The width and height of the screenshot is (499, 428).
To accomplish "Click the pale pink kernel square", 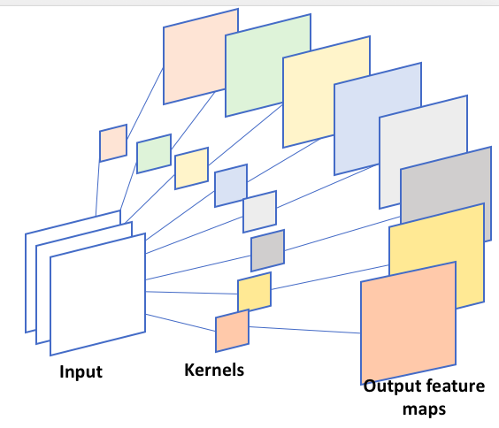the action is click(113, 143).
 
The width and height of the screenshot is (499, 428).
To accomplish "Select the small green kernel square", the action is click(154, 154).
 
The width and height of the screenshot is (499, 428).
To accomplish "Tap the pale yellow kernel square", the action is click(192, 168).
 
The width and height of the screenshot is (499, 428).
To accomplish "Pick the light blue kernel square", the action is click(231, 186).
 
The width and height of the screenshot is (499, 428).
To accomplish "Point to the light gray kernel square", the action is click(260, 211).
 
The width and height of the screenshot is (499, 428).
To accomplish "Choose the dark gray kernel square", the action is click(268, 250).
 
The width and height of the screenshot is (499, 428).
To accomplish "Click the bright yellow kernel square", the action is click(254, 292).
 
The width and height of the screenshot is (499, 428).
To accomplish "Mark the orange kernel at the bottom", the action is click(233, 331).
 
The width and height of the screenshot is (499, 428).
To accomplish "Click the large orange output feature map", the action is click(408, 323).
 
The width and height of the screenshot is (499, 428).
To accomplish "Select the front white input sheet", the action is click(97, 294).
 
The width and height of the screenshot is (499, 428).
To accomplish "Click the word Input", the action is click(81, 371).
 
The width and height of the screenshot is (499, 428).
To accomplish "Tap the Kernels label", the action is click(214, 370).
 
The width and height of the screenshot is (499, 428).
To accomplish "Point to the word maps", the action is click(424, 409).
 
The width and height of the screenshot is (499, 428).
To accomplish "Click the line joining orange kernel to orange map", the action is click(304, 330).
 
